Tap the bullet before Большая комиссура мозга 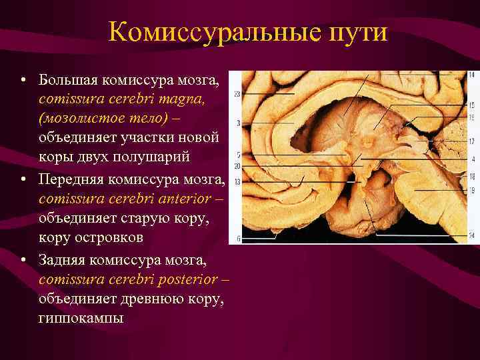[x=23, y=81]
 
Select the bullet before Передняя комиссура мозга [x=23, y=181]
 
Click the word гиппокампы [x=81, y=319]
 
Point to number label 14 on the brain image [x=472, y=75]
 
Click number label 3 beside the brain [x=238, y=123]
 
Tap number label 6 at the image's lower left [x=238, y=239]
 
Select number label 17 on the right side [x=472, y=141]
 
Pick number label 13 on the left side [x=237, y=181]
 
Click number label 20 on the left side [x=237, y=165]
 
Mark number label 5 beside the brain [x=238, y=155]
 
